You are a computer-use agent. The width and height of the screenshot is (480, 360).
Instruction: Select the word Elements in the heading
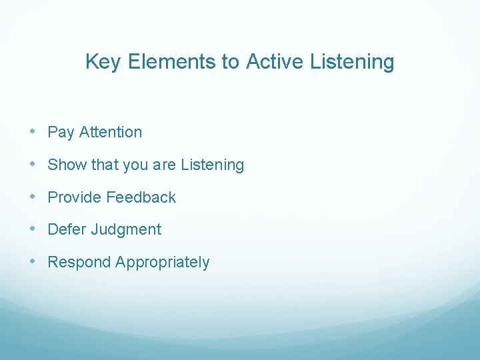click(x=172, y=62)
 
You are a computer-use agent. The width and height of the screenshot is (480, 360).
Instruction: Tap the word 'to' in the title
click(x=231, y=62)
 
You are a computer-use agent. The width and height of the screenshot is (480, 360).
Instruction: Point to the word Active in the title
click(x=273, y=62)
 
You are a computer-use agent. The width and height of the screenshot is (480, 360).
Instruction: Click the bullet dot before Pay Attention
click(x=33, y=132)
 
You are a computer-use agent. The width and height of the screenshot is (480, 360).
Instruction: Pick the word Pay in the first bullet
click(x=61, y=133)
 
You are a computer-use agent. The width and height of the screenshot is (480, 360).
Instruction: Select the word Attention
click(x=110, y=132)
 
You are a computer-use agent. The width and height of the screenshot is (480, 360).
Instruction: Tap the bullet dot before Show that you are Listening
click(x=33, y=165)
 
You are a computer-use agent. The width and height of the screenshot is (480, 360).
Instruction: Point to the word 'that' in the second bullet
click(x=103, y=165)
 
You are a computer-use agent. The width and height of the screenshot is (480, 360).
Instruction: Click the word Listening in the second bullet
click(x=213, y=165)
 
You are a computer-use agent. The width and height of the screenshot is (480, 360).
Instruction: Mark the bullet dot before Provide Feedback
click(x=33, y=197)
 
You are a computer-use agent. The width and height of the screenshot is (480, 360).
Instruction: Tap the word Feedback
click(x=141, y=197)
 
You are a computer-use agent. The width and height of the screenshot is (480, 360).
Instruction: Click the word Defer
click(x=67, y=229)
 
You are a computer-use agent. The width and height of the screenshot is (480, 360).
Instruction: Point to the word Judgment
click(x=126, y=230)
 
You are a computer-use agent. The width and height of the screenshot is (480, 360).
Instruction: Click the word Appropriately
click(x=162, y=263)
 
